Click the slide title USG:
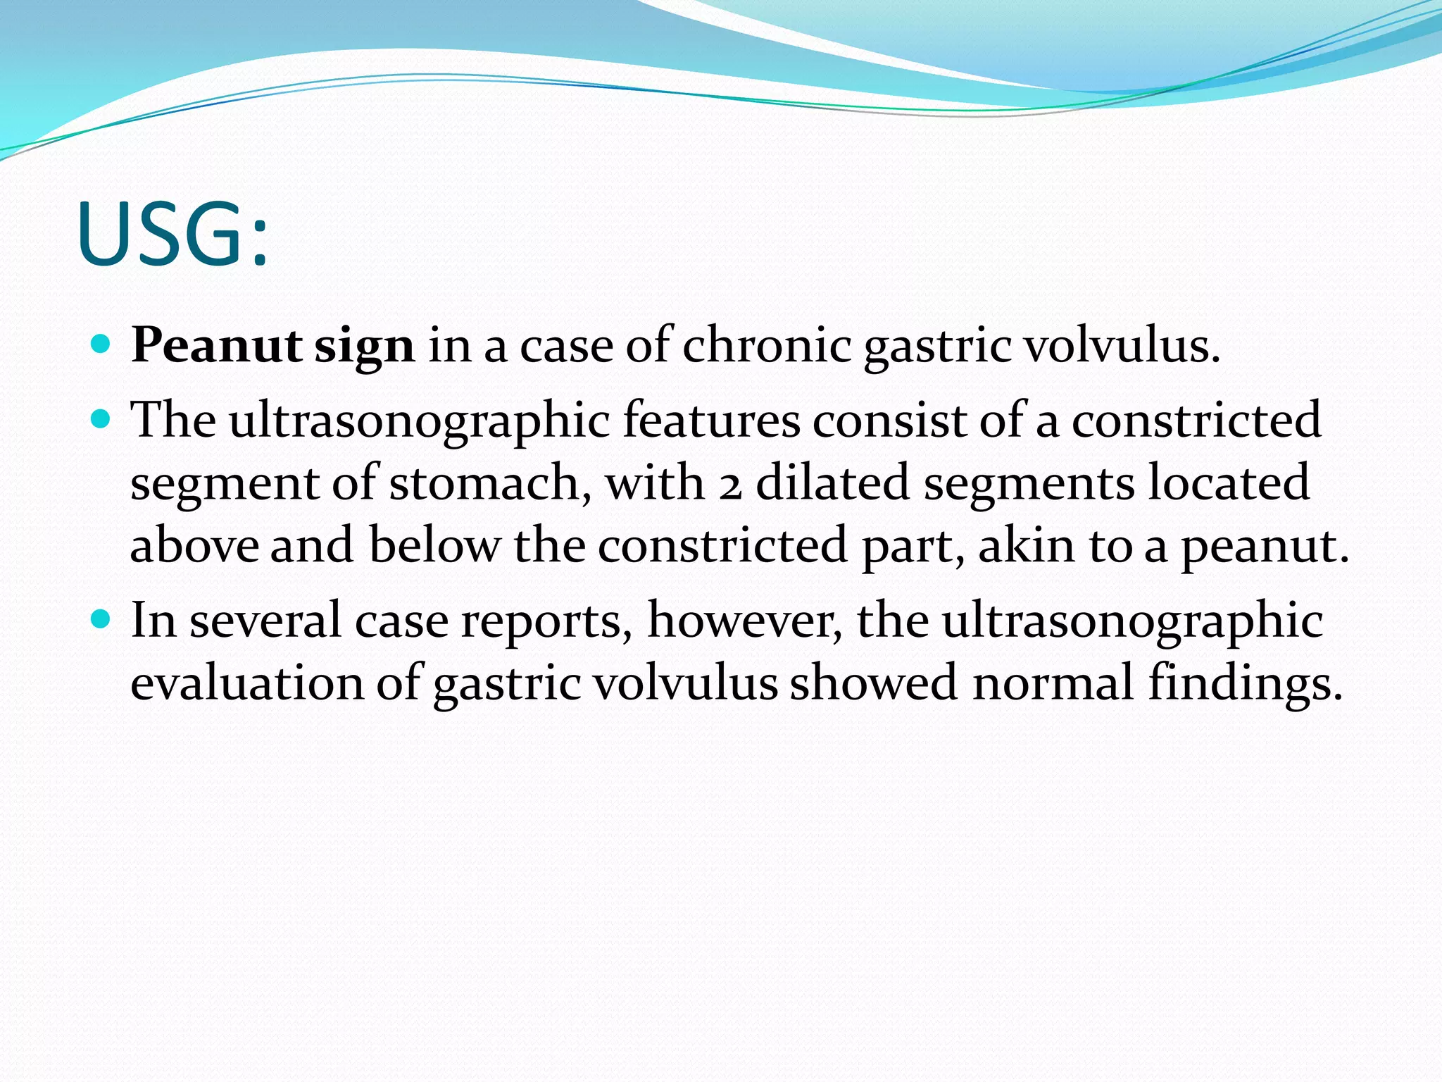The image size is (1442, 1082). pyautogui.click(x=173, y=234)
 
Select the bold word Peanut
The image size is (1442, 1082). pyautogui.click(x=216, y=346)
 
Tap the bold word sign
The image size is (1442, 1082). pyautogui.click(x=364, y=347)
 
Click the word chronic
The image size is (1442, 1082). pyautogui.click(x=767, y=346)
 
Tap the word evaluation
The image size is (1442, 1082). pyautogui.click(x=246, y=683)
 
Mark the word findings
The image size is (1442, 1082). pyautogui.click(x=1245, y=684)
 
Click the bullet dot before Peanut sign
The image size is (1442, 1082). pyautogui.click(x=101, y=344)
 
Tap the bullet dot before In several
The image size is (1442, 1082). pyautogui.click(x=101, y=619)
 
